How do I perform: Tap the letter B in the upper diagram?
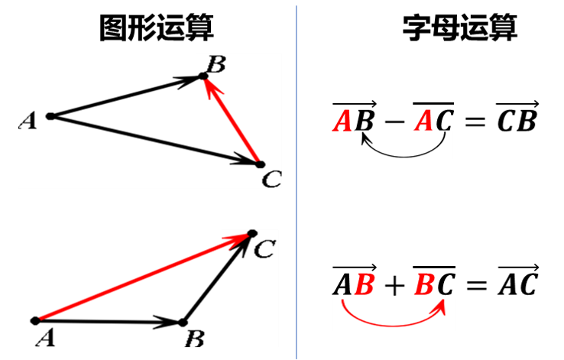[x=216, y=64]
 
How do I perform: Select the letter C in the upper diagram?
[x=271, y=180]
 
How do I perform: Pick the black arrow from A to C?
[x=153, y=139]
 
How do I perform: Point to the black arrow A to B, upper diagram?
[x=126, y=96]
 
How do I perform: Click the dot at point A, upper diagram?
[x=50, y=116]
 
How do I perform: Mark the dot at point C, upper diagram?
[x=260, y=164]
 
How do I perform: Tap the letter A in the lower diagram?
[x=45, y=337]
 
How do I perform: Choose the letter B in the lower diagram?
[x=195, y=339]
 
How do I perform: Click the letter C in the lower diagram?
[x=263, y=249]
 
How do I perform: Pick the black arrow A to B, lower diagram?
[x=107, y=322]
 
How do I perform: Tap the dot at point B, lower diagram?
[x=182, y=323]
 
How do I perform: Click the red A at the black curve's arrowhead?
[x=342, y=121]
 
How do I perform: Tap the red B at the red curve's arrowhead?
[x=425, y=286]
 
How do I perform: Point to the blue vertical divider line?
[x=297, y=180]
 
